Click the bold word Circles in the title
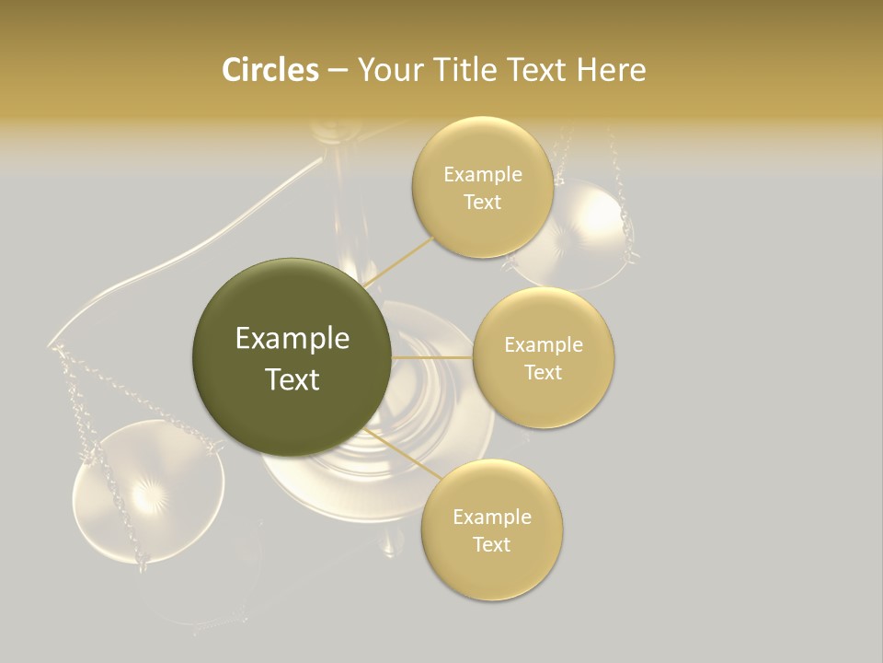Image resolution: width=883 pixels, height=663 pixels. (x=269, y=70)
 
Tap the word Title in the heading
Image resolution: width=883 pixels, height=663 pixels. (x=466, y=70)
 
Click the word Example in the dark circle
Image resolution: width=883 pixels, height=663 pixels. (x=292, y=339)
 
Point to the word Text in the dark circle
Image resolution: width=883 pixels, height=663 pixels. (x=292, y=379)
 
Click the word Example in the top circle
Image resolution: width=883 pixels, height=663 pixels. (x=482, y=175)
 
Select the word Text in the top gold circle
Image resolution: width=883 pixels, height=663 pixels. (x=482, y=203)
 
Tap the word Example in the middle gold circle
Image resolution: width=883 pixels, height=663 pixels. (x=543, y=345)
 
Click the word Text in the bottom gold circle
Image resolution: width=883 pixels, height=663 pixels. (x=491, y=544)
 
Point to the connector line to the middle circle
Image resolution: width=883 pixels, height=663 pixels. (x=432, y=356)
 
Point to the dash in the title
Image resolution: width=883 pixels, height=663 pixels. (x=338, y=71)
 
